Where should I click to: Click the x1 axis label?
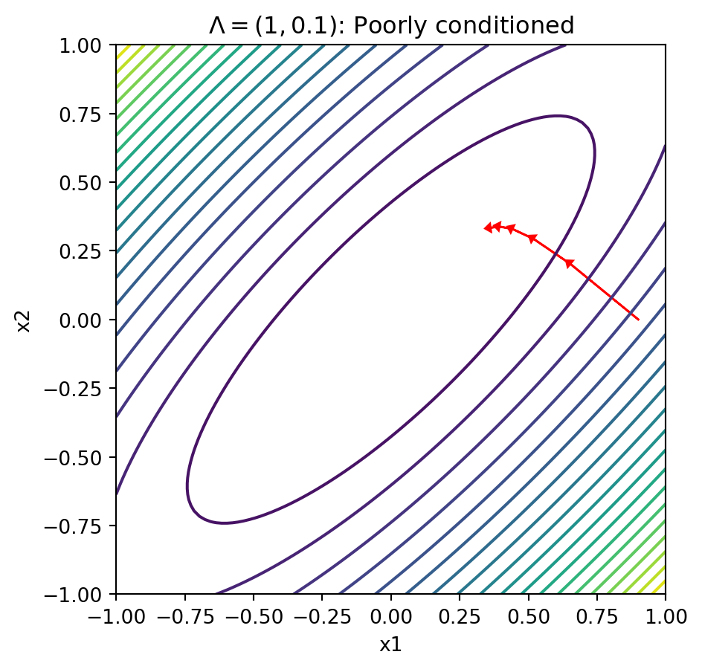point(390,644)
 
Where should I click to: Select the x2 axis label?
point(25,320)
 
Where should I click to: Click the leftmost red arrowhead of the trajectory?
point(488,227)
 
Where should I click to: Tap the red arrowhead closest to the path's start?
point(569,262)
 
